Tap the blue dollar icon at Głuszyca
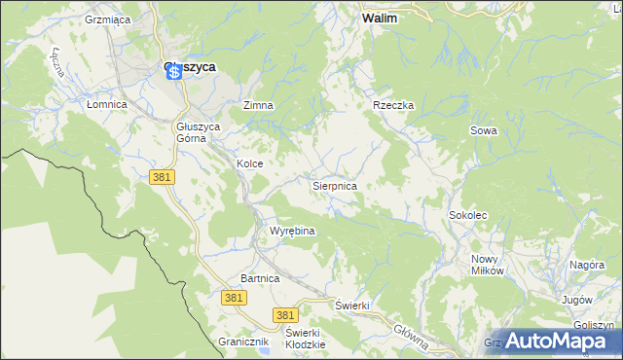[173, 72]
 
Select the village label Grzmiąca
[107, 18]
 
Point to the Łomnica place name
[107, 104]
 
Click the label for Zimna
[258, 105]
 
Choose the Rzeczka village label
[394, 105]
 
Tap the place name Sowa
[484, 130]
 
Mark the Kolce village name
[250, 164]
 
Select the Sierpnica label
[334, 185]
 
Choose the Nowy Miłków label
[488, 265]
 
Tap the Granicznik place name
[243, 342]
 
